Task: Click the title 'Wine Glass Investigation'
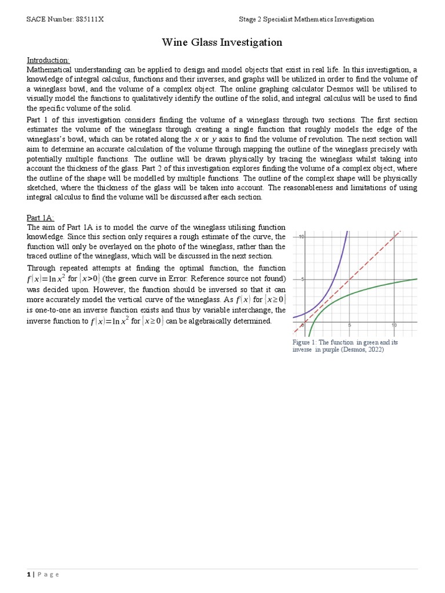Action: click(x=222, y=42)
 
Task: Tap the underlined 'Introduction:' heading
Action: click(x=49, y=60)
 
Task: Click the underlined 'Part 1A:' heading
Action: click(x=41, y=218)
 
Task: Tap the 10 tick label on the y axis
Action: click(x=301, y=237)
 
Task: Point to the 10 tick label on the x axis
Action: click(x=394, y=325)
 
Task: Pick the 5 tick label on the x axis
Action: click(x=349, y=325)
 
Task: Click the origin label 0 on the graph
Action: click(x=302, y=325)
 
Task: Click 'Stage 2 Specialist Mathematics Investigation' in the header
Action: click(x=307, y=19)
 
